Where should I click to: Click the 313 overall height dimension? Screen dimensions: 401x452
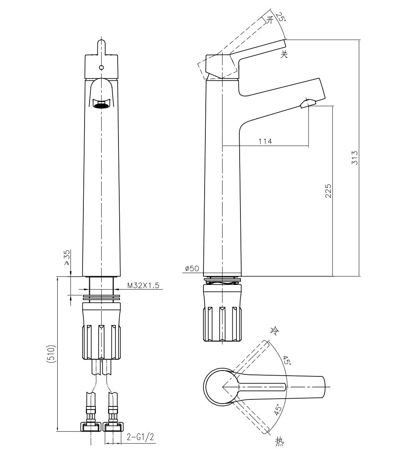tap(355, 158)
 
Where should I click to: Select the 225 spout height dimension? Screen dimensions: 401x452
tap(329, 191)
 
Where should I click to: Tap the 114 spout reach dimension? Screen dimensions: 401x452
tap(265, 141)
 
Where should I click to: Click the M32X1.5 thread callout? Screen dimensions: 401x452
tap(143, 285)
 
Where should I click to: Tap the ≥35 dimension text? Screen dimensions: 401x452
tap(67, 258)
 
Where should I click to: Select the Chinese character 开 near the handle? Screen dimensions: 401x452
tap(270, 20)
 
